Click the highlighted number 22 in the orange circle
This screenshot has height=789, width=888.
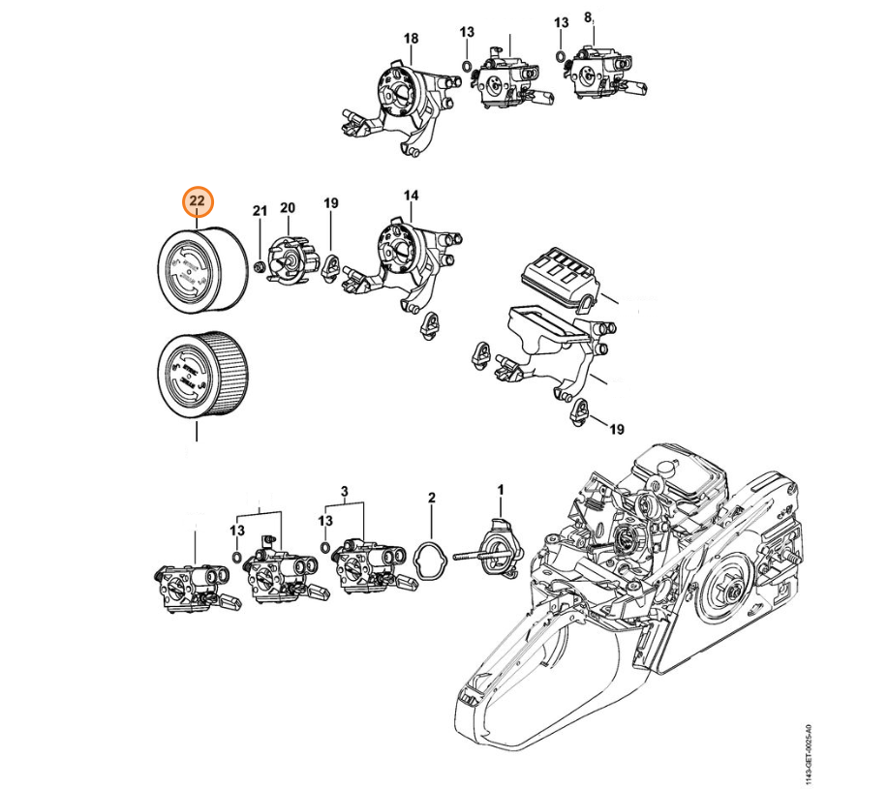click(x=198, y=200)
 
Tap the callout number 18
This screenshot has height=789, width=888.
click(x=411, y=38)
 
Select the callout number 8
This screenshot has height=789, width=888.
click(x=588, y=17)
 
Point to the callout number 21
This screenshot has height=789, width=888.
click(x=259, y=210)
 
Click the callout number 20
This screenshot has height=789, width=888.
click(x=287, y=207)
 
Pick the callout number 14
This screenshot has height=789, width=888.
click(x=412, y=197)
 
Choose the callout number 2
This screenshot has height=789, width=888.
click(x=432, y=498)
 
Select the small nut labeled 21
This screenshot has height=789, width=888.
click(x=259, y=266)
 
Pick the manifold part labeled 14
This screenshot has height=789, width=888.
click(x=407, y=261)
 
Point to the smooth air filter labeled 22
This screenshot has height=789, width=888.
click(x=200, y=268)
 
